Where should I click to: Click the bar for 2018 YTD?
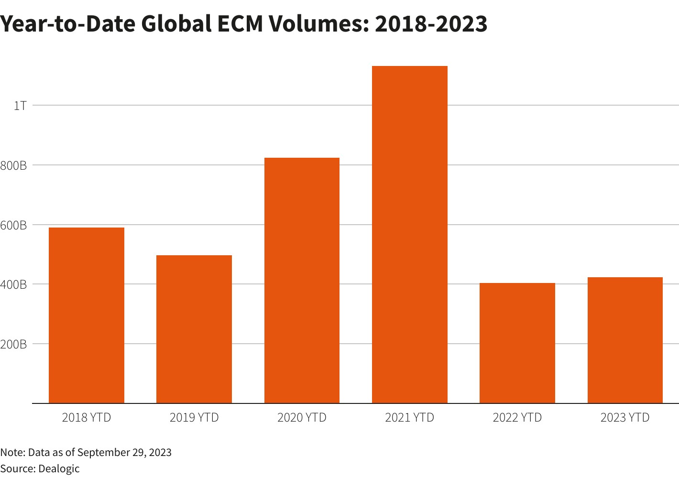[87, 315]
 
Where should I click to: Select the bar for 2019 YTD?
[194, 329]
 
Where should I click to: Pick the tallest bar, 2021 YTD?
[410, 235]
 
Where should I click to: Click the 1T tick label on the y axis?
[20, 106]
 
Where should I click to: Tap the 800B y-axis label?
[13, 165]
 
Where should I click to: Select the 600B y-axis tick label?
[13, 225]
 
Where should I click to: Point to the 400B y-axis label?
[13, 285]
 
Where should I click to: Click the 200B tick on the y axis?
[13, 344]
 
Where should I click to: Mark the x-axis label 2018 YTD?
[87, 418]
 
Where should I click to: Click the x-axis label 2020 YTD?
[302, 418]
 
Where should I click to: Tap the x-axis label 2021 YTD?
[410, 418]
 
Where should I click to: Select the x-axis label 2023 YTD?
[625, 418]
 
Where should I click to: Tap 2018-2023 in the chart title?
[431, 24]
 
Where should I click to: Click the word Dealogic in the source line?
[59, 468]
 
